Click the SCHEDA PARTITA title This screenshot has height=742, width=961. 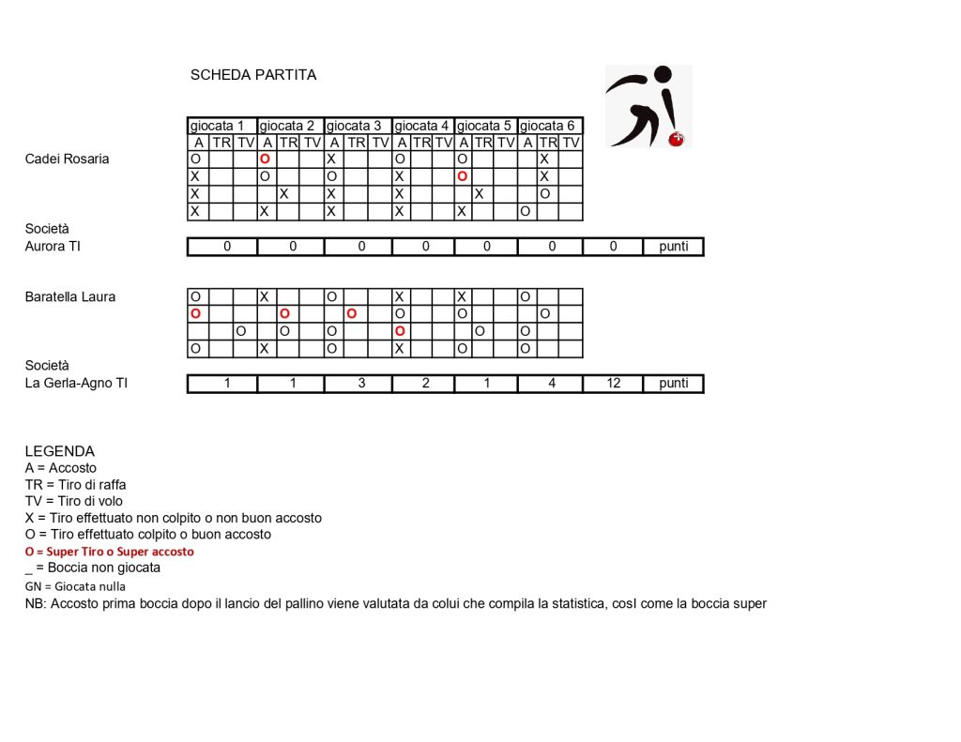point(253,75)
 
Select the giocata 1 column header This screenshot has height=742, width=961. point(221,126)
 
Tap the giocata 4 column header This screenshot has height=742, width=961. point(421,126)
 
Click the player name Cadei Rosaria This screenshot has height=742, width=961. point(67,159)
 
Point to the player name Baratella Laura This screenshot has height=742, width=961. point(70,296)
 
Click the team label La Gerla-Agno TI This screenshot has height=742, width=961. point(76,383)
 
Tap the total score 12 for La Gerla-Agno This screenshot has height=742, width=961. point(613,383)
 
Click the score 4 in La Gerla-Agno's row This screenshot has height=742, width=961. point(551,383)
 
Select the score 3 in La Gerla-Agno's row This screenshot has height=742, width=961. point(361,383)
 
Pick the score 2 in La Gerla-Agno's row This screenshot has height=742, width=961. point(425,383)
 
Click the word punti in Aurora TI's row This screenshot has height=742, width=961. point(673,246)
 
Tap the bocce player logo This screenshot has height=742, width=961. point(648,106)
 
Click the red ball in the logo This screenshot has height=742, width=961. point(674,140)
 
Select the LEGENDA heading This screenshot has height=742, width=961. point(60,451)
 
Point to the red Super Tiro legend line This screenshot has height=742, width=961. point(110,552)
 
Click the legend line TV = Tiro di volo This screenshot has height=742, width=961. point(74,501)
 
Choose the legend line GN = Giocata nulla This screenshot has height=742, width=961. point(75,586)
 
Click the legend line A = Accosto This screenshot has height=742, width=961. point(61,467)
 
